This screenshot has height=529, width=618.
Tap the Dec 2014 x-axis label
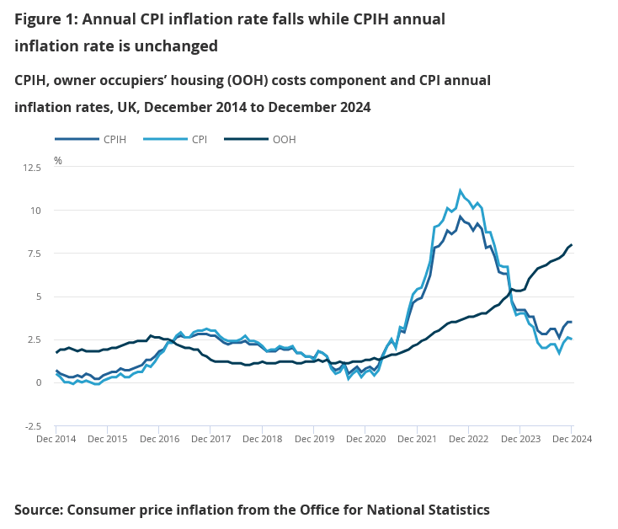click(x=57, y=439)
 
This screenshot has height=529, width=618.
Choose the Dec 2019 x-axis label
click(x=314, y=439)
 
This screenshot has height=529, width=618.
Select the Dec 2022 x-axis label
click(x=468, y=439)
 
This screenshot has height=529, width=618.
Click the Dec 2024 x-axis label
click(x=572, y=439)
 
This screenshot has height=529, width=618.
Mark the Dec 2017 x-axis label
click(x=211, y=439)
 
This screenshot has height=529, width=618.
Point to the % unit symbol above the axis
click(x=58, y=159)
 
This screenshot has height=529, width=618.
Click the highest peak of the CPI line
click(x=460, y=190)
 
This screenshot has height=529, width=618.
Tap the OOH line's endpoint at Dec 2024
click(x=572, y=245)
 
